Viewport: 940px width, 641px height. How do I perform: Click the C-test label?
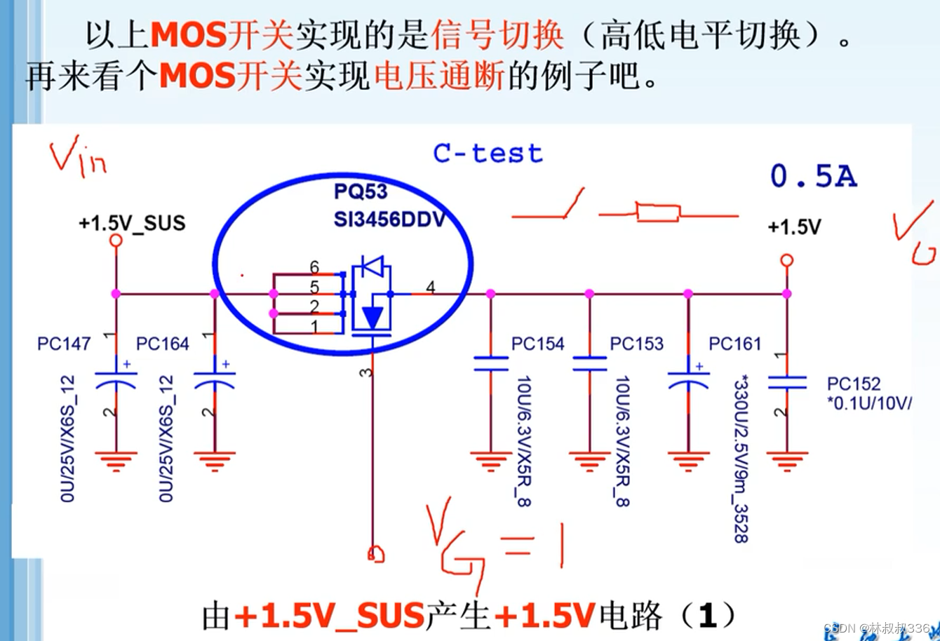(488, 153)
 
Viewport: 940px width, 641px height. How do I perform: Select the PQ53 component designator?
(361, 191)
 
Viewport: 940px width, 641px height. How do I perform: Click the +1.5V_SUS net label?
(132, 223)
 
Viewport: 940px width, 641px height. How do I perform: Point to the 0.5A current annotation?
(814, 176)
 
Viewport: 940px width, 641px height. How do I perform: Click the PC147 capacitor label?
(64, 344)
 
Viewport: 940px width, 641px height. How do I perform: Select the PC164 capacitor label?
(163, 344)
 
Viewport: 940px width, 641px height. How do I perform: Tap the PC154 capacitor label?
(538, 344)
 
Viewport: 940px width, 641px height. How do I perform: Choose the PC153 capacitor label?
(636, 344)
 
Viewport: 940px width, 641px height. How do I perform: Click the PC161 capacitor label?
(735, 344)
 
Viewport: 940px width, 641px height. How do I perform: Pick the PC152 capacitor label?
(854, 384)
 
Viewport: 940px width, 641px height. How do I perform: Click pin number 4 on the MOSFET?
(430, 288)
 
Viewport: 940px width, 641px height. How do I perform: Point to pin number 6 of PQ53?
(314, 267)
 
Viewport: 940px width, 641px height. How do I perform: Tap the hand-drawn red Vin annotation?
(77, 158)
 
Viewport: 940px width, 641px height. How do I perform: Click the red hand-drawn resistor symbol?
(658, 212)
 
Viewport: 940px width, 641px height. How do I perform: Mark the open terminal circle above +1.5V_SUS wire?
(116, 241)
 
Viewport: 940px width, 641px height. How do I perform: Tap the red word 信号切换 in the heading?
(498, 35)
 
